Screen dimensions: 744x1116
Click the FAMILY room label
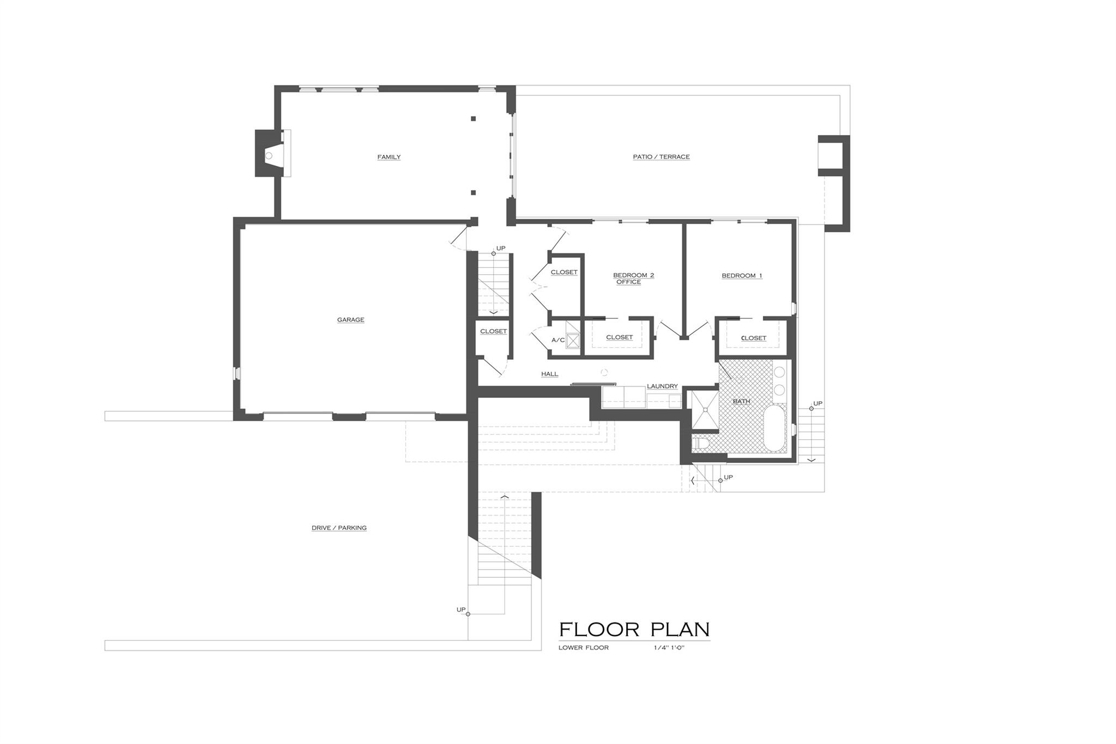[x=389, y=157]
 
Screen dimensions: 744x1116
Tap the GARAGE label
[x=350, y=320]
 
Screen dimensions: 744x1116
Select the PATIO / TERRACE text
[x=661, y=157]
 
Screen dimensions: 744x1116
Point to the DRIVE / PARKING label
[x=339, y=528]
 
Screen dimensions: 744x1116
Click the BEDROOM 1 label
[x=742, y=276]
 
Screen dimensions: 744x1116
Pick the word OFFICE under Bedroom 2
[x=628, y=282]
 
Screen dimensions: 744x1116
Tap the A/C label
[x=557, y=340]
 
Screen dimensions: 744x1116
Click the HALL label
[x=549, y=374]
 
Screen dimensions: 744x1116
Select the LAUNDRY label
[x=662, y=386]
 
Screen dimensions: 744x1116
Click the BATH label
[x=741, y=401]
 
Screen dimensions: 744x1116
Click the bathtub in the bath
[x=774, y=428]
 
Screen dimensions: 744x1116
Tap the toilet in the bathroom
[x=699, y=443]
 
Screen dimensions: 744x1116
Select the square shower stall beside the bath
[x=705, y=410]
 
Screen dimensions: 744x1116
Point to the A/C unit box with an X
[x=573, y=341]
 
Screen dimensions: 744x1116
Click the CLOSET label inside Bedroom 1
[x=754, y=338]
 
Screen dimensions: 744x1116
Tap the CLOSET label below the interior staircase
[x=493, y=331]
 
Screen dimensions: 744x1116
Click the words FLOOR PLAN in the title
[x=634, y=630]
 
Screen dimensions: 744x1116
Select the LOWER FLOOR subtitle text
[x=583, y=648]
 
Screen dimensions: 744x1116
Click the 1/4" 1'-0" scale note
[x=669, y=648]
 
